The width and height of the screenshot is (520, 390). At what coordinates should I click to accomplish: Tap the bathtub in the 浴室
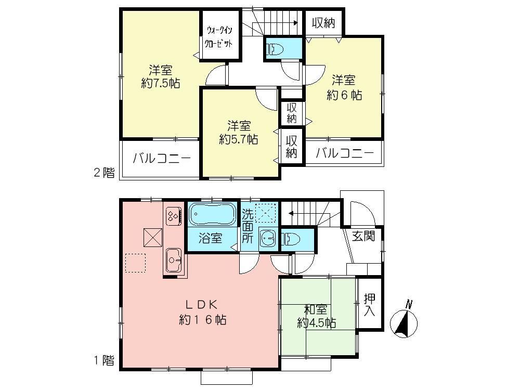pos(213,214)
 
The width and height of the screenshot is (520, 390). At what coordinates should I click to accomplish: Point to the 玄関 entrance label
pos(363,237)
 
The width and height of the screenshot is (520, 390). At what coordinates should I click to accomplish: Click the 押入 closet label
pos(369,305)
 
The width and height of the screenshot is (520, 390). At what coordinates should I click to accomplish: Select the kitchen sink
pos(173,257)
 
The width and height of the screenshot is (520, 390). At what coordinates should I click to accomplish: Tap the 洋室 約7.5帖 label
pos(160,76)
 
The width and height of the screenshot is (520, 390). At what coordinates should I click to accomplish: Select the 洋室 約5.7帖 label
pos(238,132)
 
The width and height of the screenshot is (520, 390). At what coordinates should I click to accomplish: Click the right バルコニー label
pos(344,154)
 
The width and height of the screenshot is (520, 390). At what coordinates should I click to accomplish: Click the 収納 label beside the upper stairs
pos(323,23)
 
